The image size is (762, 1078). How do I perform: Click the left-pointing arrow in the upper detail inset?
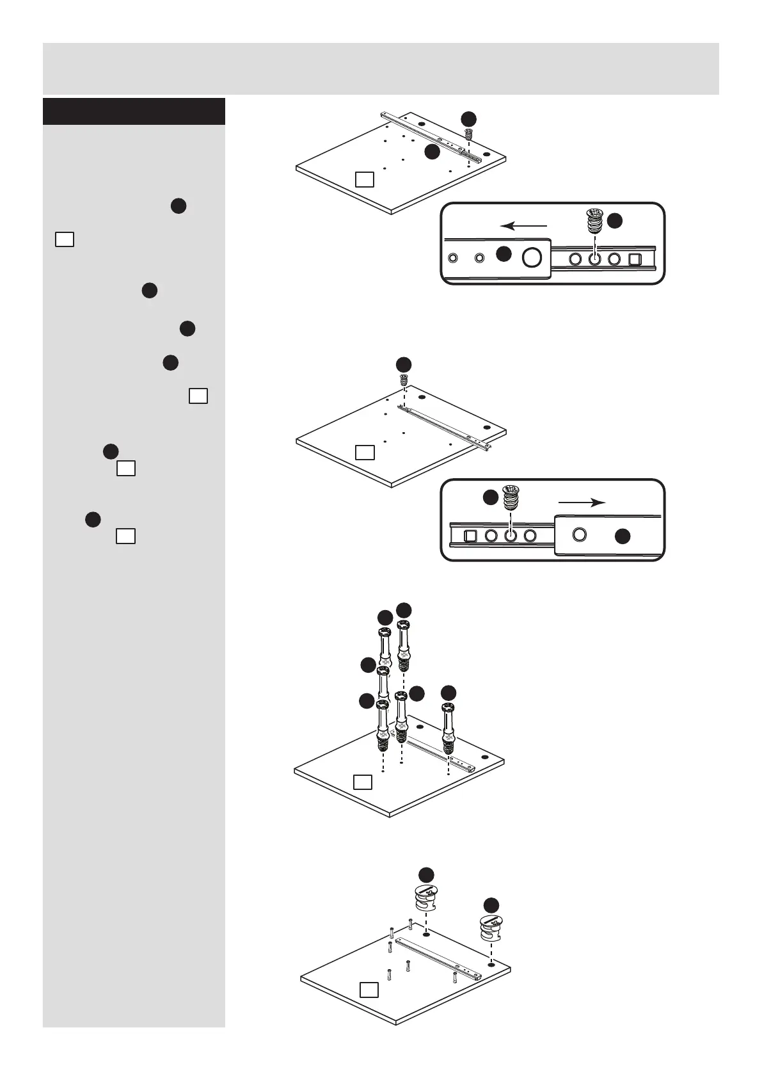[x=524, y=225]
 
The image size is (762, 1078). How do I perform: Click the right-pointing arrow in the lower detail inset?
[x=582, y=503]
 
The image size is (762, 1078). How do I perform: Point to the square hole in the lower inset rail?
[x=471, y=536]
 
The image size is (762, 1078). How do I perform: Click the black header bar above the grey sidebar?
[x=134, y=111]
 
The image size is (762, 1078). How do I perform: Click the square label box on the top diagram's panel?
[x=364, y=179]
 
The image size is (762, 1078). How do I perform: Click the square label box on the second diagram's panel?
[x=364, y=453]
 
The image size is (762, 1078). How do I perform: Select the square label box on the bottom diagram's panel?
[x=369, y=1008]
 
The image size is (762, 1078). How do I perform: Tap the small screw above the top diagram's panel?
[x=468, y=135]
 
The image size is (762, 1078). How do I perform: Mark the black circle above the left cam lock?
[x=426, y=874]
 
